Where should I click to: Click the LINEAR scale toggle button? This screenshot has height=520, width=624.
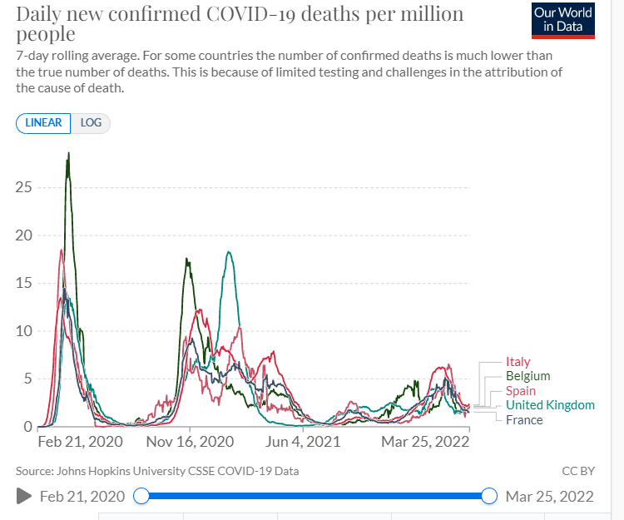pos(43,122)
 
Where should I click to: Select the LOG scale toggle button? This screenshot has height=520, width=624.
pos(91,122)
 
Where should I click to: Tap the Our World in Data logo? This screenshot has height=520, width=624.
pos(563,20)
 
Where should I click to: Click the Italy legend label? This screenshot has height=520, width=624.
pos(518,362)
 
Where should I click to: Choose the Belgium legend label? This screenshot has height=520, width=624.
pos(527,376)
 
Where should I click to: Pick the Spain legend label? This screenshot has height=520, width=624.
pos(520,391)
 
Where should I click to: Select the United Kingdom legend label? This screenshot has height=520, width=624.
pos(550,405)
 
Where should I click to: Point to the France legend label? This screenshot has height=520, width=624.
pos(524,420)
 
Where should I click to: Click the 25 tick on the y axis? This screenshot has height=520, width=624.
pos(24,187)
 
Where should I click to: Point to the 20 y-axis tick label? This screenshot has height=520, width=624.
pos(24,235)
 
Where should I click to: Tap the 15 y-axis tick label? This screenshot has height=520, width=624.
pos(24,283)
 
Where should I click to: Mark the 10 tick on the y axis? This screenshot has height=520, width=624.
pos(24,331)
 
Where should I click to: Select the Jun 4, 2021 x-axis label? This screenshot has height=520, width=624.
pos(303,442)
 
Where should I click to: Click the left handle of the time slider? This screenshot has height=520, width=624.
pos(141,497)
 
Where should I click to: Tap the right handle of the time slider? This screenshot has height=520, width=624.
pos(489,497)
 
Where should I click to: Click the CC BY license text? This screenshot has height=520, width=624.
pos(578,471)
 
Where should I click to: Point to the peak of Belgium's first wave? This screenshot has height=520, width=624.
pos(68,153)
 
